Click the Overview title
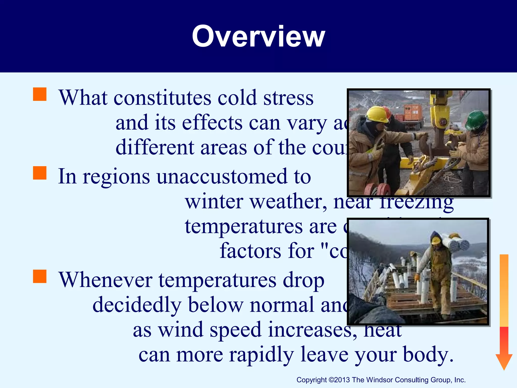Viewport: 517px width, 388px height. pyautogui.click(x=258, y=37)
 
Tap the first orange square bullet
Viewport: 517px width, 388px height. pyautogui.click(x=40, y=94)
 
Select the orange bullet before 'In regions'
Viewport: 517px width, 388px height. pyautogui.click(x=40, y=173)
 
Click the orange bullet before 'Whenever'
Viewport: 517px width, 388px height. pyautogui.click(x=40, y=276)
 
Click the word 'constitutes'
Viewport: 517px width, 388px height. pyautogui.click(x=162, y=98)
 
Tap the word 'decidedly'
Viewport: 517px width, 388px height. pyautogui.click(x=137, y=305)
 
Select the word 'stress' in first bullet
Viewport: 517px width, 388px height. pyautogui.click(x=288, y=98)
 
